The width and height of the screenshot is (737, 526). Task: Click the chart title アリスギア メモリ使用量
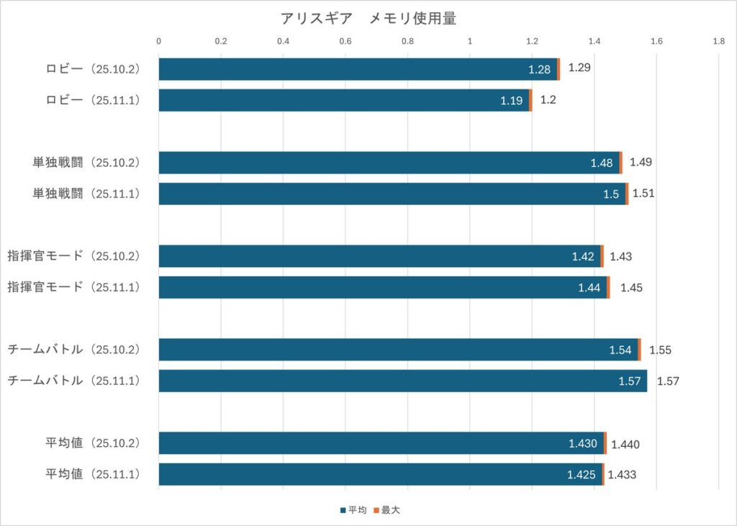tap(368, 19)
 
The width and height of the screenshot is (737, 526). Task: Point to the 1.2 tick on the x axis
tap(532, 42)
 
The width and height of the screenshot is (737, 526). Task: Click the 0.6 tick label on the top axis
tap(345, 42)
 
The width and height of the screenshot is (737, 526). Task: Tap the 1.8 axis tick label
tap(718, 42)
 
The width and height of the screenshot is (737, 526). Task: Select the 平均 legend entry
tap(353, 510)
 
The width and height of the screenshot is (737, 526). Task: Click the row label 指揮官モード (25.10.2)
tap(73, 256)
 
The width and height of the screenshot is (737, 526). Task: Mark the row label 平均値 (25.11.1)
tap(91, 474)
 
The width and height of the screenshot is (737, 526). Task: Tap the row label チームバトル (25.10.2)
tap(73, 350)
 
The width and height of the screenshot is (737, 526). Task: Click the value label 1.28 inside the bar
tap(539, 70)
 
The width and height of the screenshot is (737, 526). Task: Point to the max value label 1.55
tap(660, 350)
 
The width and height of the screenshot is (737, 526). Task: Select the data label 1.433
tap(622, 475)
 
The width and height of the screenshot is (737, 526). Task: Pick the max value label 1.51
tap(643, 194)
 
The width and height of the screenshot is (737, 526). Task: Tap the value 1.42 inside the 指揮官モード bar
tap(583, 257)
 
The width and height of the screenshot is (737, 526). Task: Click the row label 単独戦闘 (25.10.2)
tap(86, 163)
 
